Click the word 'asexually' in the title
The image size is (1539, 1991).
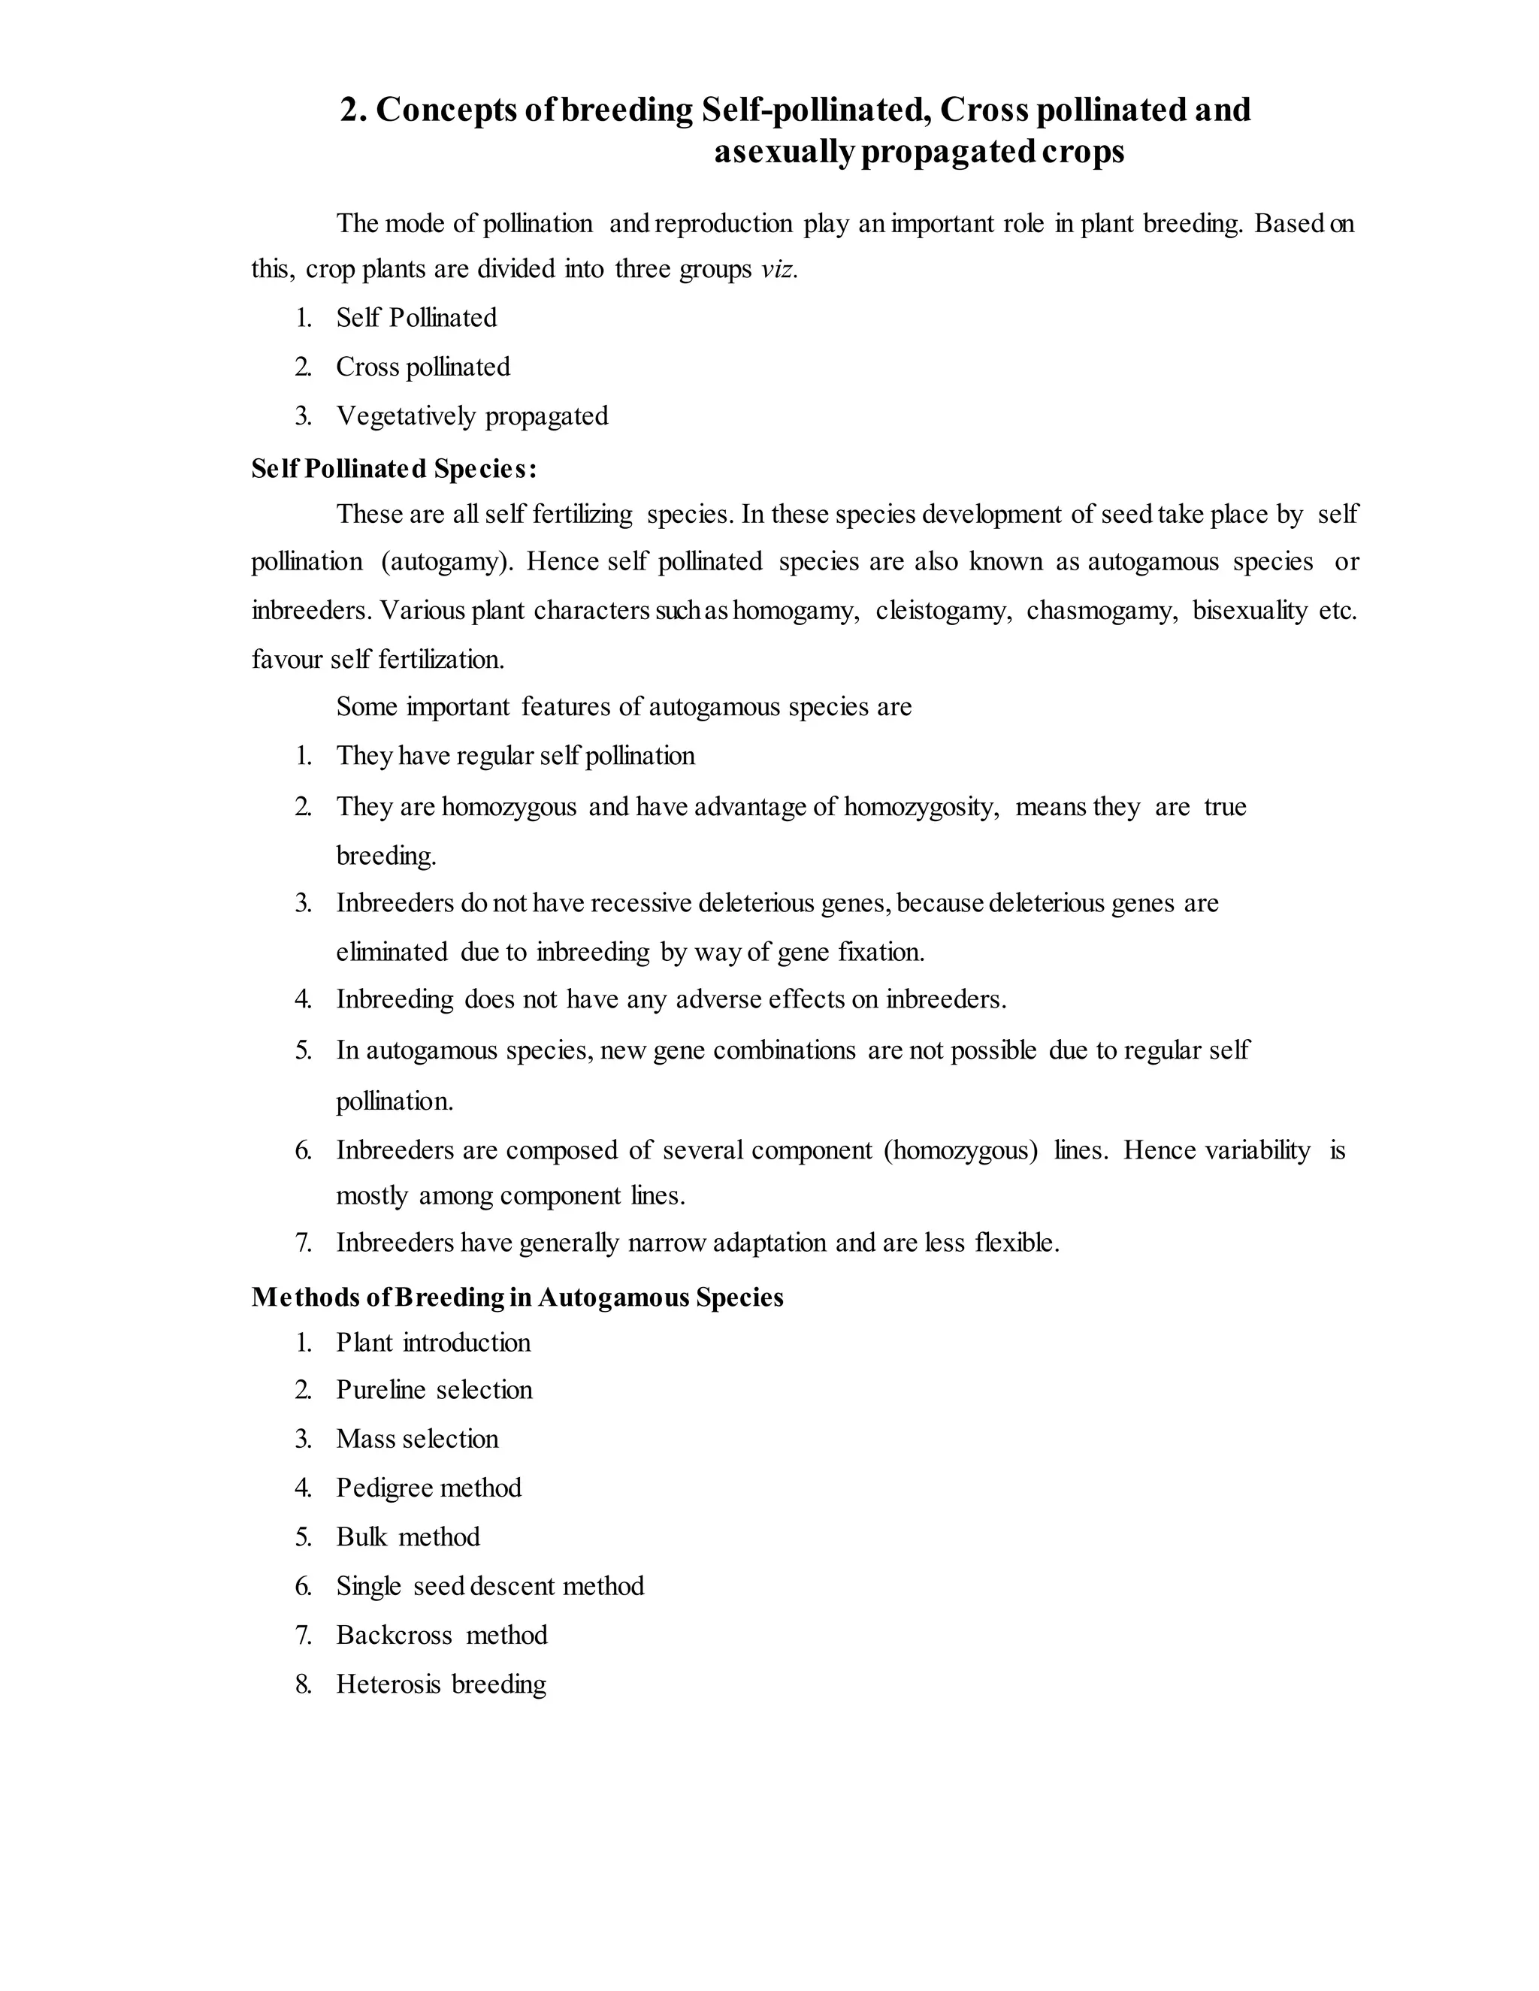point(783,153)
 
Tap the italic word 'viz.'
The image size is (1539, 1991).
point(779,270)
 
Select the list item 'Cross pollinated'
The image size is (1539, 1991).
point(422,367)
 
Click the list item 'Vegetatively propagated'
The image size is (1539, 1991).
point(471,417)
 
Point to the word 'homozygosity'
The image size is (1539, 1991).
point(920,808)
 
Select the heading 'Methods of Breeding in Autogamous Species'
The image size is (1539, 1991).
point(517,1298)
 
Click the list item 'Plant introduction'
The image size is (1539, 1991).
point(433,1343)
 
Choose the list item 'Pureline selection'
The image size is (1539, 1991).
point(434,1390)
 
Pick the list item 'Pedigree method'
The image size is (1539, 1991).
point(428,1488)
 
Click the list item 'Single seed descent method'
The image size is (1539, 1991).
point(490,1586)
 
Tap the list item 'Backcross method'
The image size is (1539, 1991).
point(441,1636)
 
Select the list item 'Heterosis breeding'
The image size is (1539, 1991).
point(441,1684)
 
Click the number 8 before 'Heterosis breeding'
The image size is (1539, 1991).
point(303,1684)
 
